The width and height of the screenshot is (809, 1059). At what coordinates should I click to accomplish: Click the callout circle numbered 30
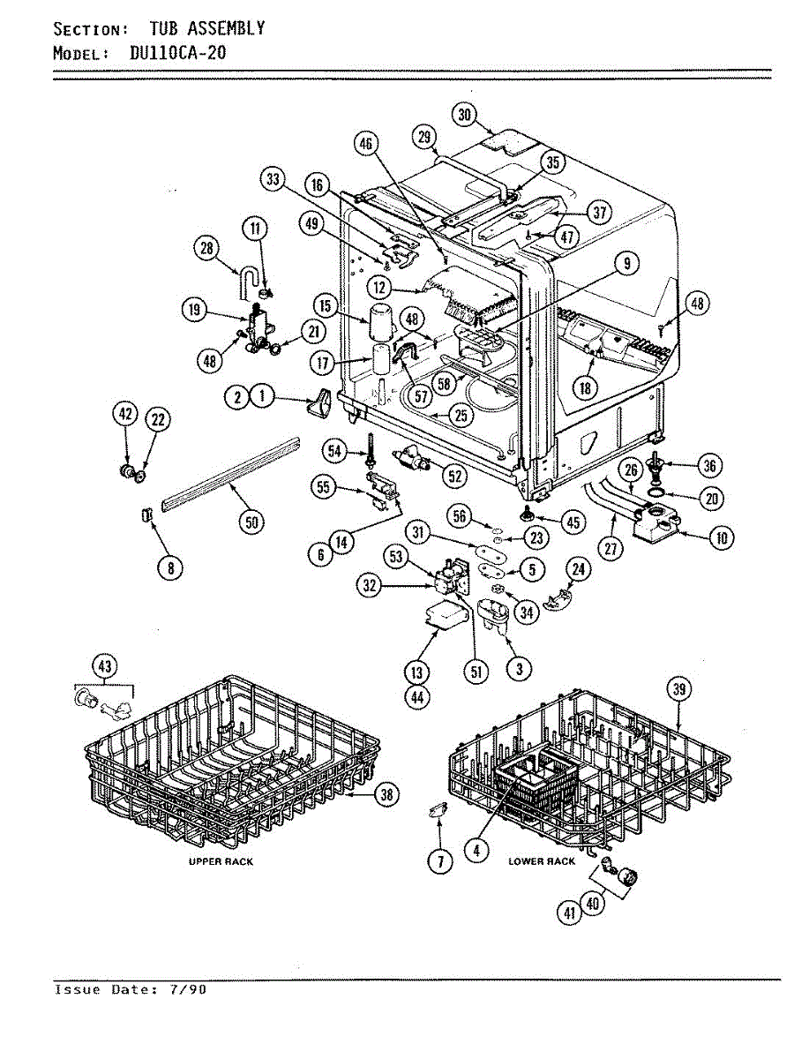[464, 115]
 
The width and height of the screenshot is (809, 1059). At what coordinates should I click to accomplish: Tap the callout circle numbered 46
[366, 144]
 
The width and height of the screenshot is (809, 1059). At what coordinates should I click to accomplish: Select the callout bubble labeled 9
[626, 263]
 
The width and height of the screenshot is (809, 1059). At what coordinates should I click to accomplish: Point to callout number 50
[251, 522]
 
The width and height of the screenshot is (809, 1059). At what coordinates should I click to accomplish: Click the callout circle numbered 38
[387, 793]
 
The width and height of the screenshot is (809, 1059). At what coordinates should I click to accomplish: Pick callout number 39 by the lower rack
[678, 689]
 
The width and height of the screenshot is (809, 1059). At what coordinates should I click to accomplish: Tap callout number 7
[440, 861]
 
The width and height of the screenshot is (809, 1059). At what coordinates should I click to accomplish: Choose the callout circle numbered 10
[722, 538]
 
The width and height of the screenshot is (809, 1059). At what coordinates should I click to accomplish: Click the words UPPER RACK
[221, 861]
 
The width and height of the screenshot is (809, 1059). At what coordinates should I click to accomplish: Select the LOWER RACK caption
[542, 861]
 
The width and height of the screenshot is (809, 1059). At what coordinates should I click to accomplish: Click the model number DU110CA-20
[178, 52]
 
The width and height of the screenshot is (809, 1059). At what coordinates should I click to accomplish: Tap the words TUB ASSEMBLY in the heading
[206, 28]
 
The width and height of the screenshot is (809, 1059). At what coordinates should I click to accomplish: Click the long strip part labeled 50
[230, 474]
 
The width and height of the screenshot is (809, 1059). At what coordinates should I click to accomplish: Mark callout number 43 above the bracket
[105, 667]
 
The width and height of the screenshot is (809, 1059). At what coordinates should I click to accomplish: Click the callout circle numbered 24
[578, 569]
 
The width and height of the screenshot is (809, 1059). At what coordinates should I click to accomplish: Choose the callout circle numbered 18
[585, 387]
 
